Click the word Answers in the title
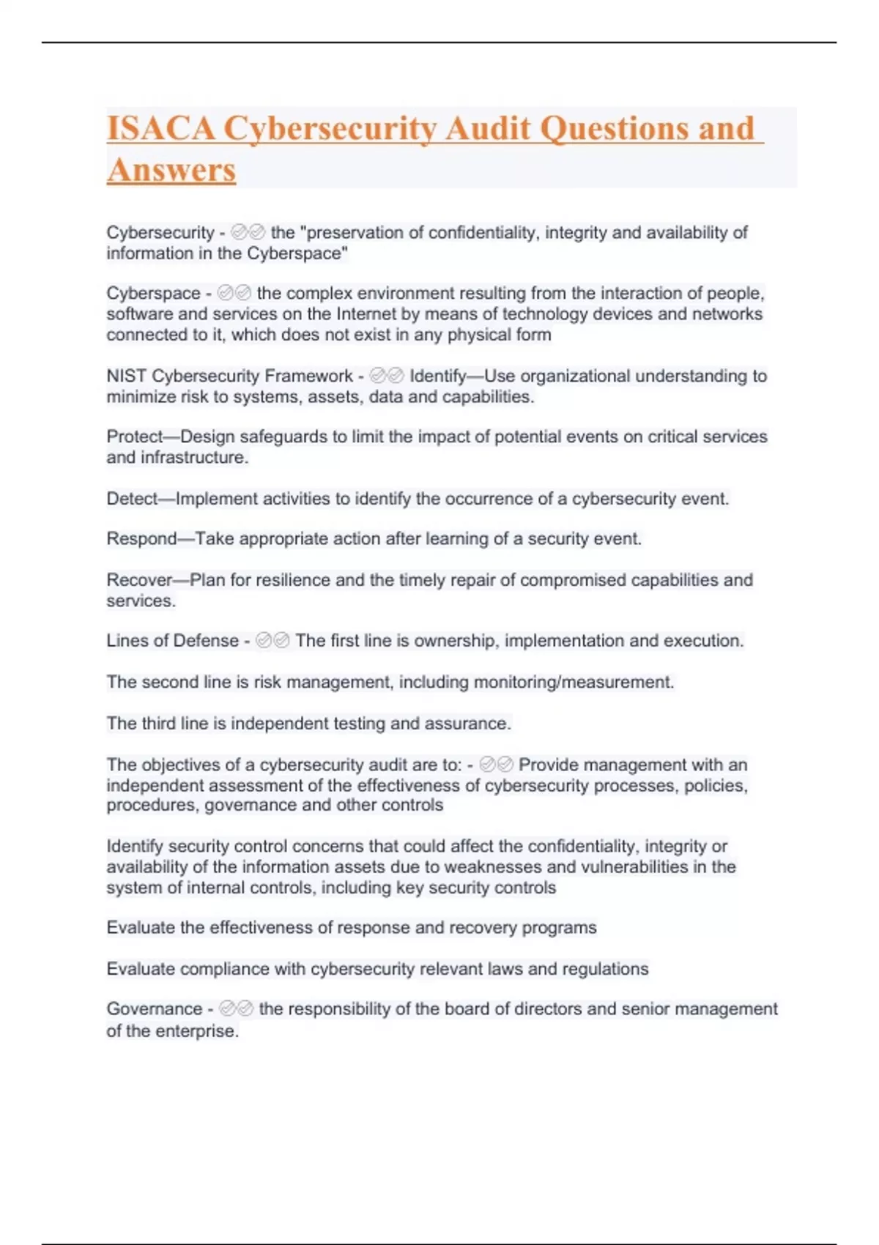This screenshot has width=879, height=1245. pos(171,171)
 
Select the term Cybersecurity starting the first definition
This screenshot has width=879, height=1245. pos(160,233)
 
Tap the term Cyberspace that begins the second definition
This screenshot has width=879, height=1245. pos(153,294)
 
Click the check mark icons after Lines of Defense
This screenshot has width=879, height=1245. pos(272,642)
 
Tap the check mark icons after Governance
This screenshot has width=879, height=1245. pos(236,1009)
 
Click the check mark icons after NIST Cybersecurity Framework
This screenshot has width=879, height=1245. pos(387,376)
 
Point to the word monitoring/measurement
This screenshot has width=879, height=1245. pos(574,683)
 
